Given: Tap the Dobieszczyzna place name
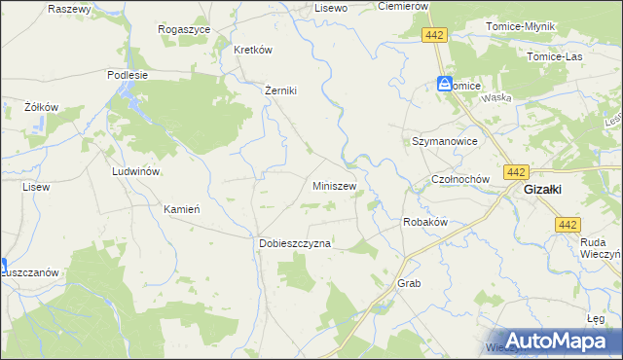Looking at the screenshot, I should click(x=295, y=244).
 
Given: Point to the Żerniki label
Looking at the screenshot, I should click(x=280, y=90).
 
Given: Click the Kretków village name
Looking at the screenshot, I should click(x=251, y=50).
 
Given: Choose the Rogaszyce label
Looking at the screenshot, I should click(x=185, y=29).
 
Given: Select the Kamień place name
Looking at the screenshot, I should click(x=182, y=209).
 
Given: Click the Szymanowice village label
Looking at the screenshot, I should click(x=444, y=141).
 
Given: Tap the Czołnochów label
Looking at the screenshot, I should click(x=458, y=181).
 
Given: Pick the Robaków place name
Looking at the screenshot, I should click(x=424, y=222).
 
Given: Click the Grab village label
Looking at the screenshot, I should click(x=408, y=283).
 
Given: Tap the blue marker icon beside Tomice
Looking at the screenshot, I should click(x=445, y=85).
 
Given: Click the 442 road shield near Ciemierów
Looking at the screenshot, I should click(x=435, y=35).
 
